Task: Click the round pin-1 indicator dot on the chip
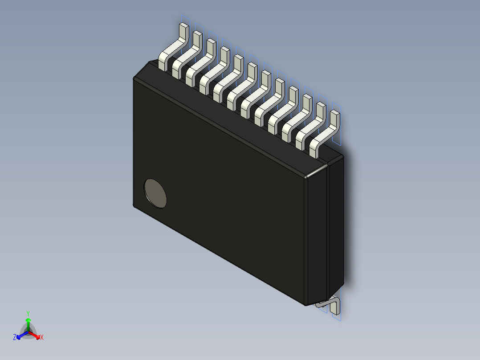pos(155,193)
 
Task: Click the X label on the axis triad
pos(42,338)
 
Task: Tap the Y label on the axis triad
pos(28,313)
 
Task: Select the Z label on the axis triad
pos(15,338)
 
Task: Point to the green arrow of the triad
pos(28,323)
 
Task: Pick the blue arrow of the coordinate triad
pos(21,335)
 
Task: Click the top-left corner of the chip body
pos(134,79)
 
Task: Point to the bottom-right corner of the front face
pos(305,304)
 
